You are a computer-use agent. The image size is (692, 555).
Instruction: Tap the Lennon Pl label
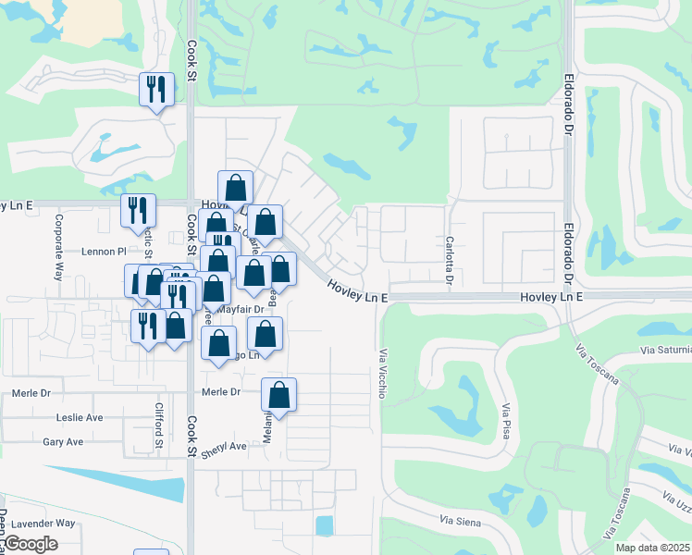pos(103,251)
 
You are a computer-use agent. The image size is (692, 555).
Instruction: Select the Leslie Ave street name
pos(79,417)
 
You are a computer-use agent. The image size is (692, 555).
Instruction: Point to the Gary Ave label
pos(63,442)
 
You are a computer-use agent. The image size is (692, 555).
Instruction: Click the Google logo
pos(31,544)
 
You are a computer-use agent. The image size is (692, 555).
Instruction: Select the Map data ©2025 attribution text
pos(640,548)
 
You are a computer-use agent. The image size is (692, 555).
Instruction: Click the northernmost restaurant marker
pos(155,90)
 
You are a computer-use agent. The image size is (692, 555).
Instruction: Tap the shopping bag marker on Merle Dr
pos(278,396)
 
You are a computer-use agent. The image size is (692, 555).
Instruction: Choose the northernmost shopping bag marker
pos(236,187)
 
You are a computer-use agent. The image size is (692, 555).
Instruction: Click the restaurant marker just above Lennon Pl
pos(138,211)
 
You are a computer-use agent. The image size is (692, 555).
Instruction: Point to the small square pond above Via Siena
pos(324,525)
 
